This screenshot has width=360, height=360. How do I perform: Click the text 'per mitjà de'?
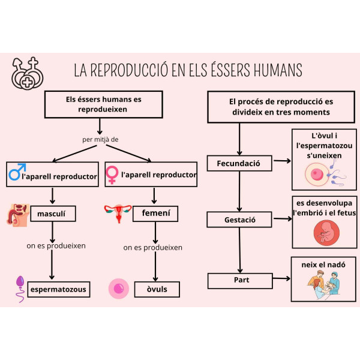pos(100,139)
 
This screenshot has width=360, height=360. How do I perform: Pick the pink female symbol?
pos(112,175)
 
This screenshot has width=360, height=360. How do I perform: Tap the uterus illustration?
pos(118,212)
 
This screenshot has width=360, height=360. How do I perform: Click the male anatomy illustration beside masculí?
pos(18,214)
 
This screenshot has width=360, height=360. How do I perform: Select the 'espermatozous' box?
pos(59,289)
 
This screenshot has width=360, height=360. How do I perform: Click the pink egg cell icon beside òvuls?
pos(118,289)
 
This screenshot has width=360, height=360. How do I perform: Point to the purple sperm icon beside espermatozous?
pos(20,287)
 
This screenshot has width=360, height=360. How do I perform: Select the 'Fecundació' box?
pos(238,163)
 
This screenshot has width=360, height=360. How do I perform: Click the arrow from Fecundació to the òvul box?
pos(281,161)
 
